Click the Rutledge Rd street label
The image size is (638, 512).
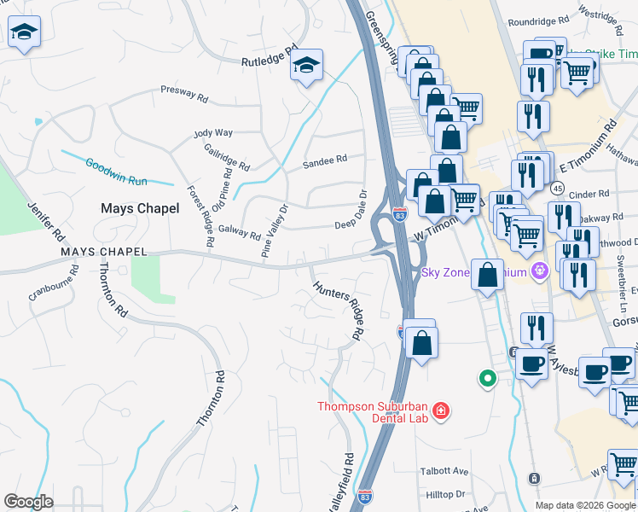click(269, 56)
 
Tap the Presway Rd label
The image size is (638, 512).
click(185, 93)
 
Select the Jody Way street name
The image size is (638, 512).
click(213, 133)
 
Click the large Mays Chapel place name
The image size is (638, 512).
click(140, 208)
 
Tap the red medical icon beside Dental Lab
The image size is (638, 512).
click(440, 411)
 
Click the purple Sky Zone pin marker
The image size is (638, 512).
click(538, 273)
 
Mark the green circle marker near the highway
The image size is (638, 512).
click(487, 377)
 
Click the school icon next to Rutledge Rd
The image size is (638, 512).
click(305, 65)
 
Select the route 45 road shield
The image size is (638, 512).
click(557, 187)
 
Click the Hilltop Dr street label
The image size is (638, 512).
click(445, 494)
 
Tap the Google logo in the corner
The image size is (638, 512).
click(28, 502)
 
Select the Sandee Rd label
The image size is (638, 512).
click(325, 160)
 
